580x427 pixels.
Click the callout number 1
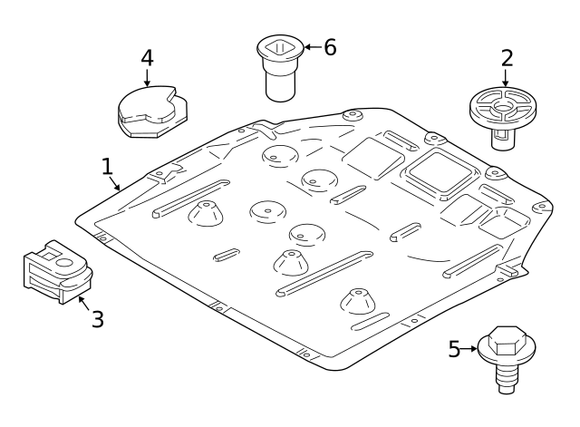pyautogui.click(x=107, y=167)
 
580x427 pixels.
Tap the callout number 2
pyautogui.click(x=507, y=58)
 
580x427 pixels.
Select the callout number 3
pyautogui.click(x=98, y=319)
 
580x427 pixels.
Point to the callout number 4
pyautogui.click(x=147, y=58)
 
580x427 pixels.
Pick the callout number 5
pyautogui.click(x=454, y=348)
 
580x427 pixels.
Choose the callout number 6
pyautogui.click(x=330, y=47)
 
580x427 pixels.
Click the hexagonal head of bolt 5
pyautogui.click(x=507, y=340)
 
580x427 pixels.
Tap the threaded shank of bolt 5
pyautogui.click(x=507, y=378)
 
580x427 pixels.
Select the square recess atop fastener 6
pyautogui.click(x=280, y=47)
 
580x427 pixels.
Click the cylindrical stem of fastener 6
pyautogui.click(x=280, y=85)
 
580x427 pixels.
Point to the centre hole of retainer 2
pyautogui.click(x=502, y=107)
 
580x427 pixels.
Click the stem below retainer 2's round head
pyautogui.click(x=503, y=139)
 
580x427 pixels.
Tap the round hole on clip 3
pyautogui.click(x=64, y=263)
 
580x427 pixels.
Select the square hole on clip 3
pyautogui.click(x=48, y=255)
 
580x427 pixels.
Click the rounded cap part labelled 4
pyautogui.click(x=152, y=112)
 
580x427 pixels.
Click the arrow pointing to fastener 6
pyautogui.click(x=313, y=47)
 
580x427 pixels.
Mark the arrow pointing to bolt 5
pyautogui.click(x=469, y=348)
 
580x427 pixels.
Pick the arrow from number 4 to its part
pyautogui.click(x=147, y=77)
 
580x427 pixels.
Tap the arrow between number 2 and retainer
pyautogui.click(x=506, y=78)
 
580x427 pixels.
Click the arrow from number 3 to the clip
pyautogui.click(x=83, y=303)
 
